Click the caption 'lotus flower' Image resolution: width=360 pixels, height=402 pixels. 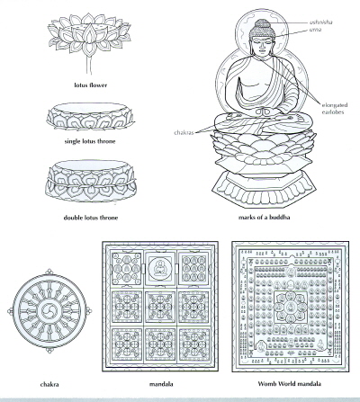pyautogui.click(x=91, y=85)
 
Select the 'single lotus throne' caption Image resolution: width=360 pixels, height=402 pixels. pyautogui.click(x=90, y=141)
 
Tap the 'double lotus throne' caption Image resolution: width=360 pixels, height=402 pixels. pyautogui.click(x=91, y=218)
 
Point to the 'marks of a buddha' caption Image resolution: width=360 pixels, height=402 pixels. pyautogui.click(x=265, y=218)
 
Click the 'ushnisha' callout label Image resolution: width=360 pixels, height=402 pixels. pyautogui.click(x=321, y=22)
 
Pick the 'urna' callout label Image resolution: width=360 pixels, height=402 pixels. pyautogui.click(x=315, y=30)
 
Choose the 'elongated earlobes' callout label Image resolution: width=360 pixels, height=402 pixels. pyautogui.click(x=335, y=109)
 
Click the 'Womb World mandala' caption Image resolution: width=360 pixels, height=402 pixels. pyautogui.click(x=290, y=384)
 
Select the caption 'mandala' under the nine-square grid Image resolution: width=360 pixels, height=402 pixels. pyautogui.click(x=161, y=384)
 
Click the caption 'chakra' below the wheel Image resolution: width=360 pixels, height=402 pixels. pyautogui.click(x=49, y=384)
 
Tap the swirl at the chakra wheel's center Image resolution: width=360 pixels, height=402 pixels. pyautogui.click(x=49, y=311)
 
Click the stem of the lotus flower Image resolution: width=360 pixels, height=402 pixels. pyautogui.click(x=89, y=65)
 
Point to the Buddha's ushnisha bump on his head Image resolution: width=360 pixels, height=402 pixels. pyautogui.click(x=262, y=23)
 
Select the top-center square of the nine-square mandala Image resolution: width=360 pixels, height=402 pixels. pyautogui.click(x=160, y=267)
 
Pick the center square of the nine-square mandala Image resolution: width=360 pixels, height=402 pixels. pyautogui.click(x=160, y=307)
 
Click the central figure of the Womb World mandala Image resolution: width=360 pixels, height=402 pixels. pyautogui.click(x=290, y=308)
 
